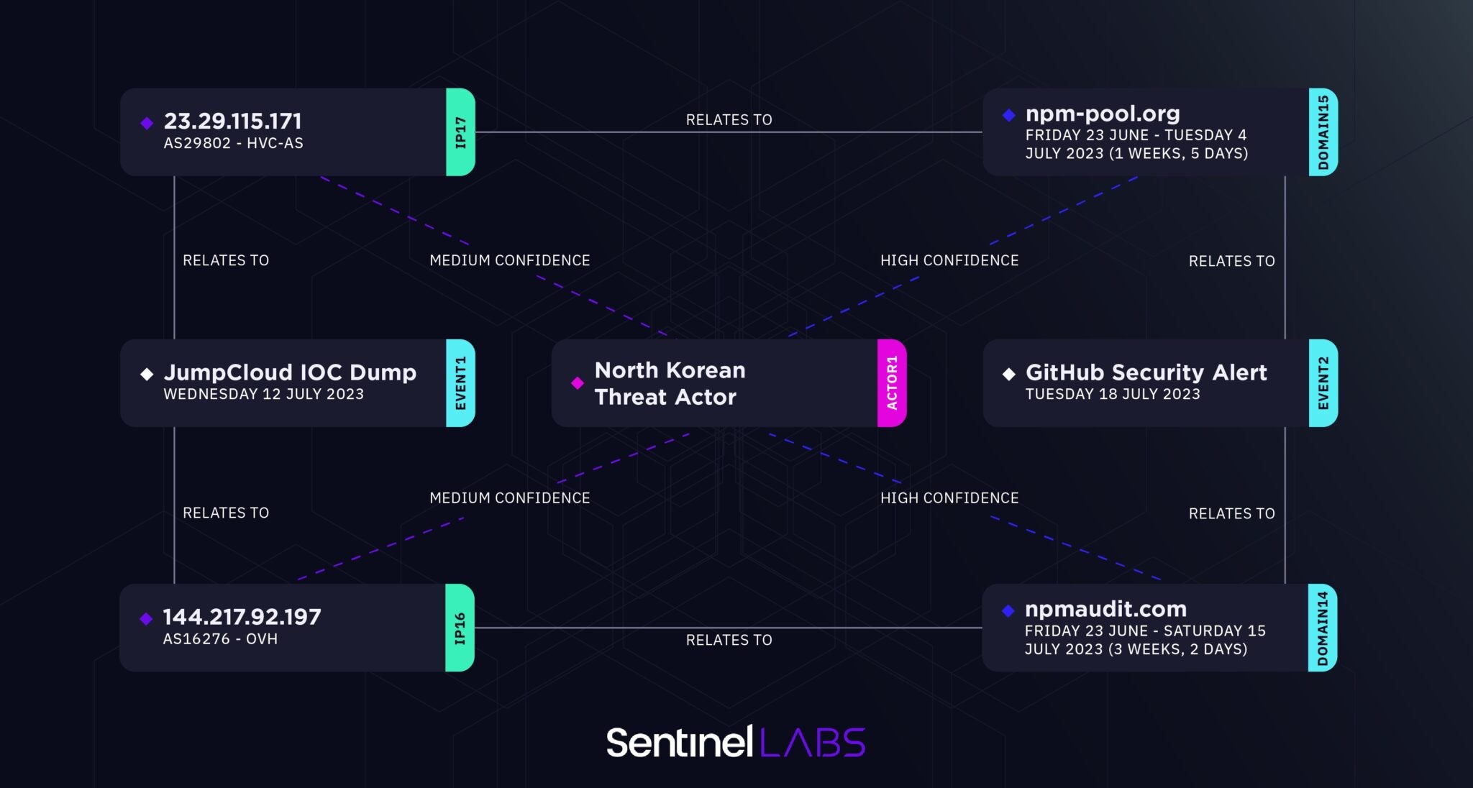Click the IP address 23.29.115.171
(232, 121)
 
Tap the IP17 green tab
(460, 132)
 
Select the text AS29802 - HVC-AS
(233, 143)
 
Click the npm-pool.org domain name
(1102, 114)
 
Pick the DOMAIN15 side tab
(1323, 132)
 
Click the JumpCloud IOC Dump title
(290, 372)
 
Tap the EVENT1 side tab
(460, 383)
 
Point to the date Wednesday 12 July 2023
(263, 394)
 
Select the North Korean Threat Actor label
(670, 383)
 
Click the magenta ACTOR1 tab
(892, 383)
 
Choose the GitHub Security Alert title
(1146, 372)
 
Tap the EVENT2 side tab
(1323, 383)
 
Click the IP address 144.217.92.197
(242, 617)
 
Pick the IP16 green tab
(460, 628)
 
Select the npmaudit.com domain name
(1105, 609)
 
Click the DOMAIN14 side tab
(1322, 628)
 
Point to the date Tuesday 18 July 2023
(1113, 394)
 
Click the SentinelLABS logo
(736, 742)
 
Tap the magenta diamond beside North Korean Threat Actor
(577, 383)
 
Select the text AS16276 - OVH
(220, 639)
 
